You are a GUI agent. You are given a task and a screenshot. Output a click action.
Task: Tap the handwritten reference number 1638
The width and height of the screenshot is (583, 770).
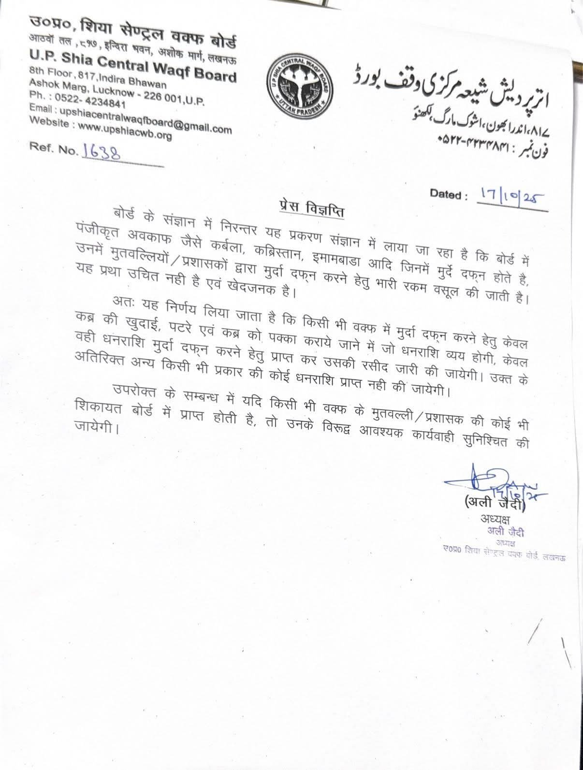102,151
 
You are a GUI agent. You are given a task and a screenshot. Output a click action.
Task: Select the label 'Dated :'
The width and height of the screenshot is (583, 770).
448,195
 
